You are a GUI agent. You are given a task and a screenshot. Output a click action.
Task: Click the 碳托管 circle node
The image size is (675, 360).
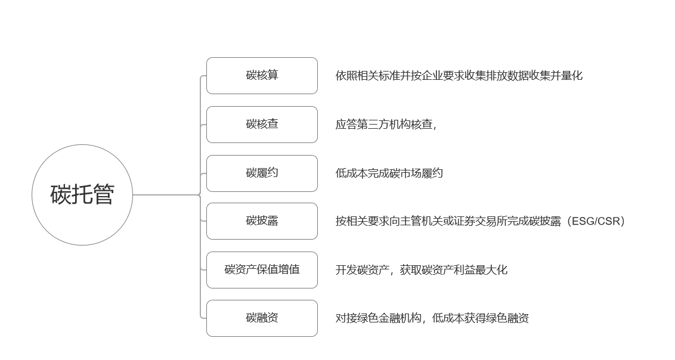click(x=82, y=195)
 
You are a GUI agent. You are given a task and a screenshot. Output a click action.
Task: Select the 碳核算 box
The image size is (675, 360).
click(x=262, y=76)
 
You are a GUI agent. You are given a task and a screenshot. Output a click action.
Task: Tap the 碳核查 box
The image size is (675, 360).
click(x=262, y=125)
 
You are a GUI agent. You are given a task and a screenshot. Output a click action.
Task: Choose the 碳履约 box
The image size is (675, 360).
click(x=262, y=173)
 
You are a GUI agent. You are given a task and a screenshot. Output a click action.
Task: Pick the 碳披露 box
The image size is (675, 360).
click(x=262, y=221)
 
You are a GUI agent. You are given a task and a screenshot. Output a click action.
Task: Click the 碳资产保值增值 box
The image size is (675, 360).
click(x=262, y=270)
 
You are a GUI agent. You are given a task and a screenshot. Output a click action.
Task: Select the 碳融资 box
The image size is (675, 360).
click(x=262, y=318)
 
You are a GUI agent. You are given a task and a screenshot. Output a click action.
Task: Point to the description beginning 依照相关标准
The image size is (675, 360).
click(x=459, y=76)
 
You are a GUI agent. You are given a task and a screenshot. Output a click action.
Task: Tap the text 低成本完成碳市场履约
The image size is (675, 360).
click(x=389, y=173)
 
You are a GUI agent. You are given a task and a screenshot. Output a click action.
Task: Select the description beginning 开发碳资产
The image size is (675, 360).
click(x=421, y=270)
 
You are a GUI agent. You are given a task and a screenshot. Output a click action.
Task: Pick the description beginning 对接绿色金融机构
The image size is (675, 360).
click(x=432, y=318)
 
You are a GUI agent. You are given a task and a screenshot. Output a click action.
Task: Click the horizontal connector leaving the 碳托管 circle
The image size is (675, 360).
click(x=165, y=195)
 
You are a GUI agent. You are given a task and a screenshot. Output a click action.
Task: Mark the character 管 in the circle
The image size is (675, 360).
click(x=104, y=195)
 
